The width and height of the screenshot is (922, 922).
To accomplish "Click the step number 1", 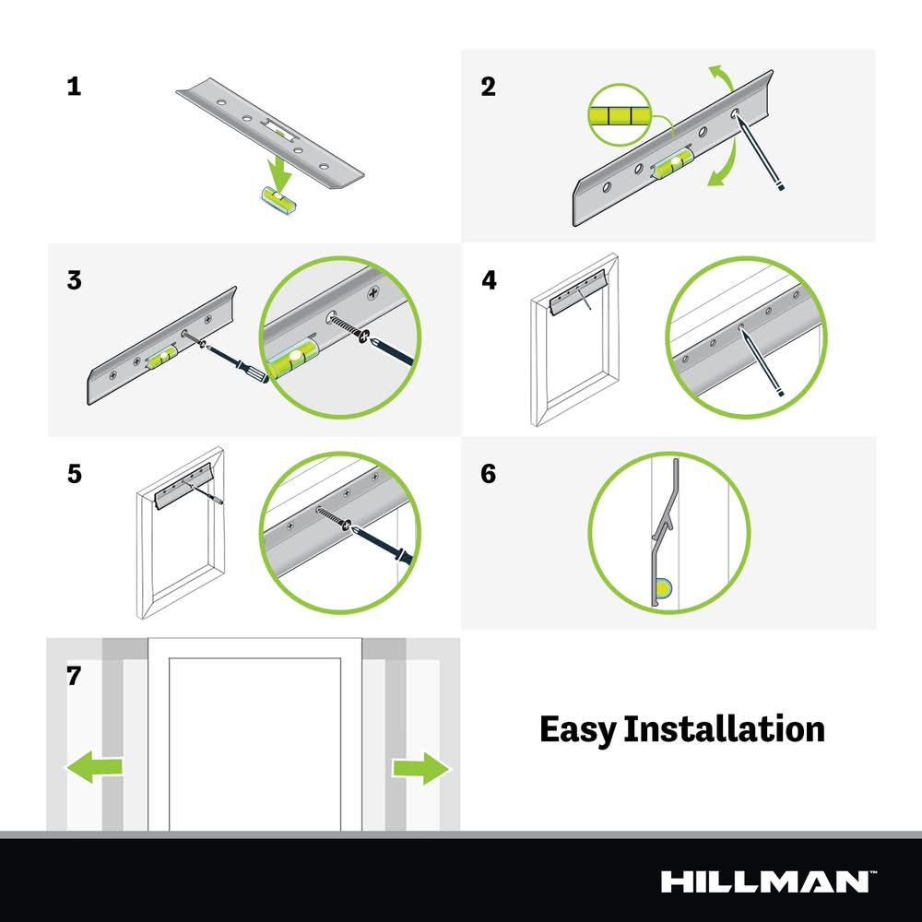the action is tap(74, 87).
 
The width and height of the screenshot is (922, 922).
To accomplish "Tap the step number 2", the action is tap(488, 87).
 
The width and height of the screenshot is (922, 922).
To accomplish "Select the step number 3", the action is tap(74, 280).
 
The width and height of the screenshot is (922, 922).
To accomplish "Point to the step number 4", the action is tap(489, 280).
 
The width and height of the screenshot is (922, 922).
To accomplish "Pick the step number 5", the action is tap(74, 474).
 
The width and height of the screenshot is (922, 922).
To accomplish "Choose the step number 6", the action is tap(488, 474).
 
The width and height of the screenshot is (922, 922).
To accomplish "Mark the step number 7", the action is tap(74, 676).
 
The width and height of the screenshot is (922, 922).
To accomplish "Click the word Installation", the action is tap(724, 728).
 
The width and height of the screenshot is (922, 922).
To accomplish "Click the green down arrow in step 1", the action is tap(278, 170).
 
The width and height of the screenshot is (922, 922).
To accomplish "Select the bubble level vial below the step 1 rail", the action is tap(278, 199).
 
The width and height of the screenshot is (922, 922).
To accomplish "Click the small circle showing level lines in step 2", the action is tap(618, 114).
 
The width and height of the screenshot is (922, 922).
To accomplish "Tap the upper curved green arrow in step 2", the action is tap(722, 78).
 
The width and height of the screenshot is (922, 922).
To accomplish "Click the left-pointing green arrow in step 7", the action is tap(94, 767).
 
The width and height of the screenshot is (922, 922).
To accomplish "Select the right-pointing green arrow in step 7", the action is tap(421, 769).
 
